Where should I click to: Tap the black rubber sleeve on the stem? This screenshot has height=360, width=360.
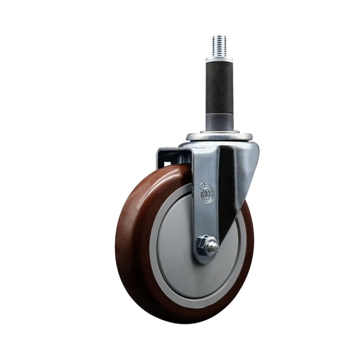[x=219, y=84]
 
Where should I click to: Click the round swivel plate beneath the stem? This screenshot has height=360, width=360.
[x=219, y=136]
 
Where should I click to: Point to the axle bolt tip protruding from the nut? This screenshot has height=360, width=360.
[x=213, y=247]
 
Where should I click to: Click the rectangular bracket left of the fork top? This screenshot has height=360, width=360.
[x=167, y=156]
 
